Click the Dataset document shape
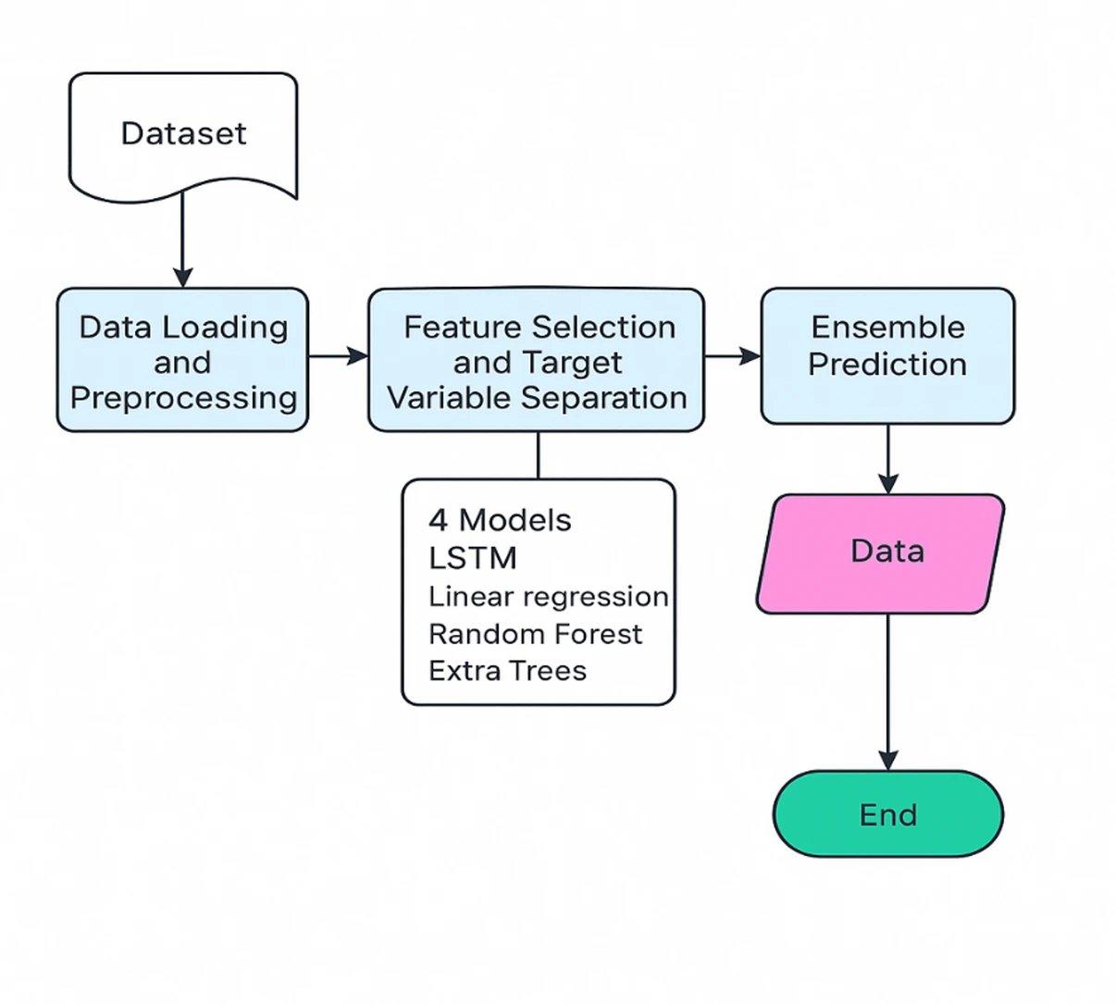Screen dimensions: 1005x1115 (x=183, y=134)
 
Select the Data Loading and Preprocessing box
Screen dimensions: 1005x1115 (x=182, y=361)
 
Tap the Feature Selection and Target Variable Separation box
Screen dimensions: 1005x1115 (x=536, y=361)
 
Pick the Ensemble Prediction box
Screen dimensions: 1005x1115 (x=887, y=356)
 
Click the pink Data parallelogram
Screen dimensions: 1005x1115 (x=882, y=553)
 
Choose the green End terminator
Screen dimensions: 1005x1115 (x=887, y=814)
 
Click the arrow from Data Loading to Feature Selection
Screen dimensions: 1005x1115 (x=338, y=355)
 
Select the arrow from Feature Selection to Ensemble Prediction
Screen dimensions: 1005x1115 (x=732, y=355)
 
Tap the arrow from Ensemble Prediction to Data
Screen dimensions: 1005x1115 (x=887, y=459)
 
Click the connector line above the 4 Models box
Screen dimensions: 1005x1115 (x=538, y=455)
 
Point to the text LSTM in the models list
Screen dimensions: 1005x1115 (x=473, y=559)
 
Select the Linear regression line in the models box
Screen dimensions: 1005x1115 (x=548, y=597)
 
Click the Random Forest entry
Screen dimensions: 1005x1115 (x=535, y=634)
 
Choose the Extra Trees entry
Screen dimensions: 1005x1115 (x=507, y=671)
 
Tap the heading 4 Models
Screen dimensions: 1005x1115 (x=500, y=520)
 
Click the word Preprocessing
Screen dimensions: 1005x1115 (x=183, y=398)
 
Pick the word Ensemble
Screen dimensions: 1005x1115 (x=887, y=328)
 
